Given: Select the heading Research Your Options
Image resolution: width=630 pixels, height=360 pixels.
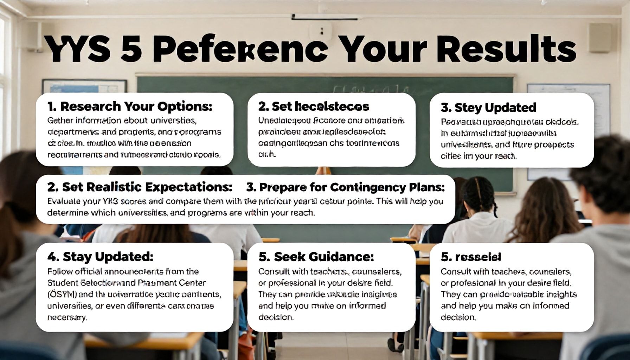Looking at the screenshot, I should pyautogui.click(x=130, y=106).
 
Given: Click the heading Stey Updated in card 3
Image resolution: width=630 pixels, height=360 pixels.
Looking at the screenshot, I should pyautogui.click(x=489, y=108).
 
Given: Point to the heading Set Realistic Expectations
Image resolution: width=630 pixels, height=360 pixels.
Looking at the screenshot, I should pyautogui.click(x=140, y=187).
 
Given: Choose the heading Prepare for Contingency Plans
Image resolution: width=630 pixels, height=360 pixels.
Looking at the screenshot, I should pyautogui.click(x=345, y=187).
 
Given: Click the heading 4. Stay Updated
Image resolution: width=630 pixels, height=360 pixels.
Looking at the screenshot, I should pyautogui.click(x=100, y=257).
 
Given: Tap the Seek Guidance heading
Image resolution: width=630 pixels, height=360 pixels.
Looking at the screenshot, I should pyautogui.click(x=316, y=257).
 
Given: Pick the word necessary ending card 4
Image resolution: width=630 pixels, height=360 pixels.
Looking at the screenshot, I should pyautogui.click(x=66, y=317).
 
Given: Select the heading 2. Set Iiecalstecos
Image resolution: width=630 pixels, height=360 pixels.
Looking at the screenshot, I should pyautogui.click(x=314, y=107).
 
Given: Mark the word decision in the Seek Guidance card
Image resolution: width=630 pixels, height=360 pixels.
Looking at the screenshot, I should pyautogui.click(x=276, y=317).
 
